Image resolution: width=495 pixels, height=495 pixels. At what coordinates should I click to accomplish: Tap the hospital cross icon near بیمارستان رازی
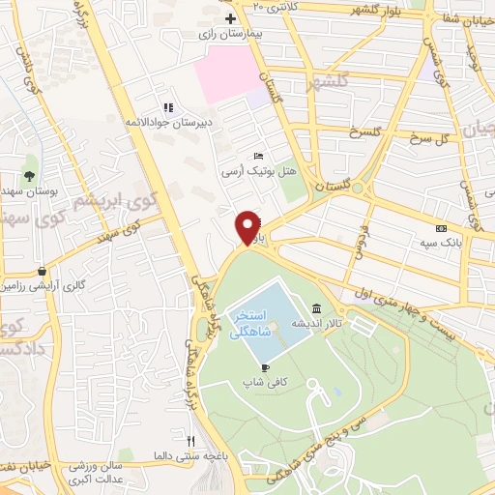coord(229,19)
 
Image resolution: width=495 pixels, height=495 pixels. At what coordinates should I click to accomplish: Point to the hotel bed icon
coord(256,155)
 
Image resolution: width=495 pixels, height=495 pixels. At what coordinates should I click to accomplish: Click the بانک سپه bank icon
coord(440,228)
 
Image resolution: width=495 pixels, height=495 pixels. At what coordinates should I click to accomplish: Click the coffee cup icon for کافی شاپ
coord(265,367)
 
